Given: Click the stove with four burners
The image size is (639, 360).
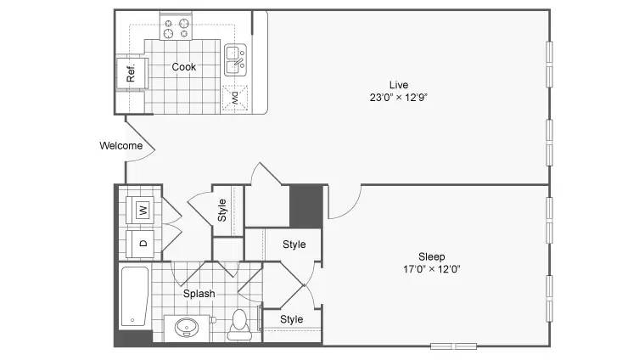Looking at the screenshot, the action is tap(176, 26).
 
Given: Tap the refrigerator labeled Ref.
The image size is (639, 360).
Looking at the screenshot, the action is tap(132, 73).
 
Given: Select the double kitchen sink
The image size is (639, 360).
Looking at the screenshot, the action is tap(236, 60).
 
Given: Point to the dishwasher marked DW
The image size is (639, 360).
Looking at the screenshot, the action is tap(235, 98).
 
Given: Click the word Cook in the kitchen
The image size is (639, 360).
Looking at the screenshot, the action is tap(184, 67).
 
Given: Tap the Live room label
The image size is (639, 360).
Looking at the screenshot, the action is tap(399, 85).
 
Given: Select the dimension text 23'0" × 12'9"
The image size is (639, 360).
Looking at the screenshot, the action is tap(399, 98).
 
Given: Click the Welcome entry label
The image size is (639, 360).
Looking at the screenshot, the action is tap(121, 145).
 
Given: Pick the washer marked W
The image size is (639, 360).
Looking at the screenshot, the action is tap(140, 211).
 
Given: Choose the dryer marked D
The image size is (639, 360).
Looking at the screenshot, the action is tap(140, 244).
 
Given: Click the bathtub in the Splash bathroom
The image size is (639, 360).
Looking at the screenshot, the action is tap(135, 296).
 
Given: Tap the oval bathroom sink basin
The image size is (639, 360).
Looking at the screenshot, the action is tap(187, 327).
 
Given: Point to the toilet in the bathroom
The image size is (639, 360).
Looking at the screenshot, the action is tap(238, 324).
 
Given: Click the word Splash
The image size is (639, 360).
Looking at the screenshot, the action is tap(199, 294).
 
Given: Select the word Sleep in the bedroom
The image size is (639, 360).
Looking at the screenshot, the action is tap(432, 257).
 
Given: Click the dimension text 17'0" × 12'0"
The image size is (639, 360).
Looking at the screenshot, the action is tap(432, 269).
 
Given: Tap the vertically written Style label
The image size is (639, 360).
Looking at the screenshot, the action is tap(222, 210).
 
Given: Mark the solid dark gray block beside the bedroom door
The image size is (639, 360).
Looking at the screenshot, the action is tap(306, 206).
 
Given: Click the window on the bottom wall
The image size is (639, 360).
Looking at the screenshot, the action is tap(453, 346).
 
